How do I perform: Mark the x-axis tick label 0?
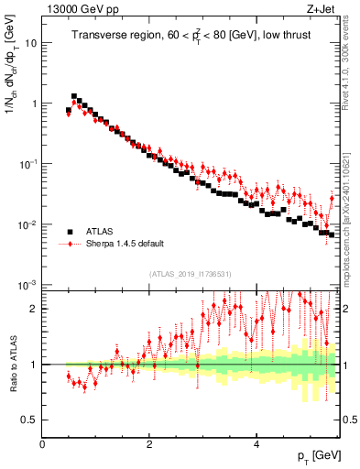42,444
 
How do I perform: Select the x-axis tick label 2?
148,444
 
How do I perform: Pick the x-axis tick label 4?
256,444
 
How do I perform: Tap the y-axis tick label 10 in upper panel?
31,43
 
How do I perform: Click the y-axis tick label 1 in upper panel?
34,104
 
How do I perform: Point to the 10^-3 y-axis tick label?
28,285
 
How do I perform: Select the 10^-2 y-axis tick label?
28,224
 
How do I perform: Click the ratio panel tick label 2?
34,309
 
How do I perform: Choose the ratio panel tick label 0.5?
30,420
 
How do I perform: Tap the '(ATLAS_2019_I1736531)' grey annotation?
191,274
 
